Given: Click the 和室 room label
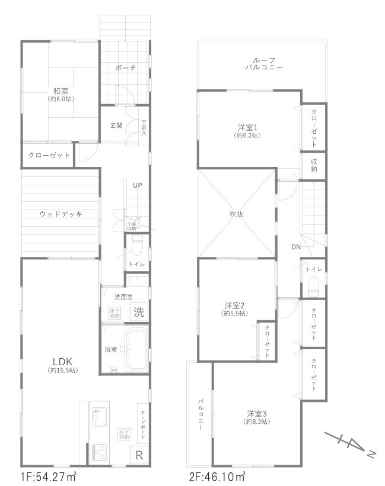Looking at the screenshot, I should [x=59, y=91].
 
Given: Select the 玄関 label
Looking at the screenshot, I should [x=116, y=125].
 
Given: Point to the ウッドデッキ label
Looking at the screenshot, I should [x=61, y=214].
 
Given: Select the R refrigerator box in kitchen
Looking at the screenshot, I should [x=139, y=455].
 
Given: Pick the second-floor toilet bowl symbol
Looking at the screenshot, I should [x=314, y=286].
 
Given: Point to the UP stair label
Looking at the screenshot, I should [x=137, y=185].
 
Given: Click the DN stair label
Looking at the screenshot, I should [x=295, y=247].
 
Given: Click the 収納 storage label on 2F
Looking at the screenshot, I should [x=313, y=165].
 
